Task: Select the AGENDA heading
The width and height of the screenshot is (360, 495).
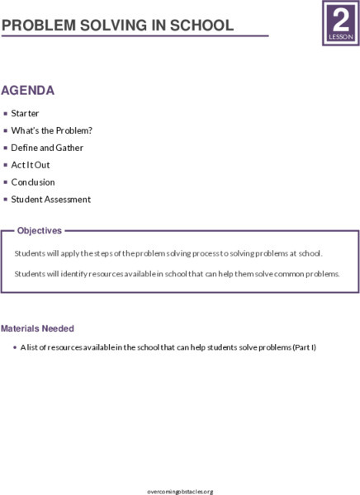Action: point(28,90)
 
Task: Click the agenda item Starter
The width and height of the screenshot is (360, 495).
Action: point(25,113)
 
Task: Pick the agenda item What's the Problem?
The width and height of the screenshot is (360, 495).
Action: point(40,130)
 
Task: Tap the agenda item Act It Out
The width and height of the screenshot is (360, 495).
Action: point(31,165)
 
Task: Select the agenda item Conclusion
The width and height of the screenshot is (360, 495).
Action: point(33,182)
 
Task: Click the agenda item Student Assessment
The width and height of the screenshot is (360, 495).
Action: point(50,200)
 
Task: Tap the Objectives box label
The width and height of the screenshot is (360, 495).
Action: point(40,231)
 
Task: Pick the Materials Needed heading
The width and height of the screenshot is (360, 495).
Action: point(37,328)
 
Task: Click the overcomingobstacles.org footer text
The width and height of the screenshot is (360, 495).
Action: point(179,491)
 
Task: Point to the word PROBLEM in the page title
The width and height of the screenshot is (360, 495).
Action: point(37,26)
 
